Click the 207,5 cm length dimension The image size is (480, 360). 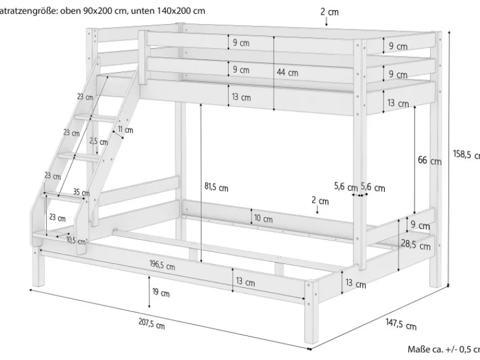coord(151,325)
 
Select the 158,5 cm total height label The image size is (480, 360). coord(466,154)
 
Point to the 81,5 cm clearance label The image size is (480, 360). coord(216,187)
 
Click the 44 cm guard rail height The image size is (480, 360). coord(287,73)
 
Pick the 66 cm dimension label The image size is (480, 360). coord(429,161)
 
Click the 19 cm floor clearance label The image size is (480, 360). coord(160,293)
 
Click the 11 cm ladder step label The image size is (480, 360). coord(125,130)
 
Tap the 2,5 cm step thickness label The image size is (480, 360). coord(98,142)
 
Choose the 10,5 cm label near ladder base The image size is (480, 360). coord(75,241)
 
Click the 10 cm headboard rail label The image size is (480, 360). coord(263,219)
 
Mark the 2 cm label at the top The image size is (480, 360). coord(329,11)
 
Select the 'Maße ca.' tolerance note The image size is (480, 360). coord(443,349)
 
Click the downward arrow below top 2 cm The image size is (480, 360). coord(326,22)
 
